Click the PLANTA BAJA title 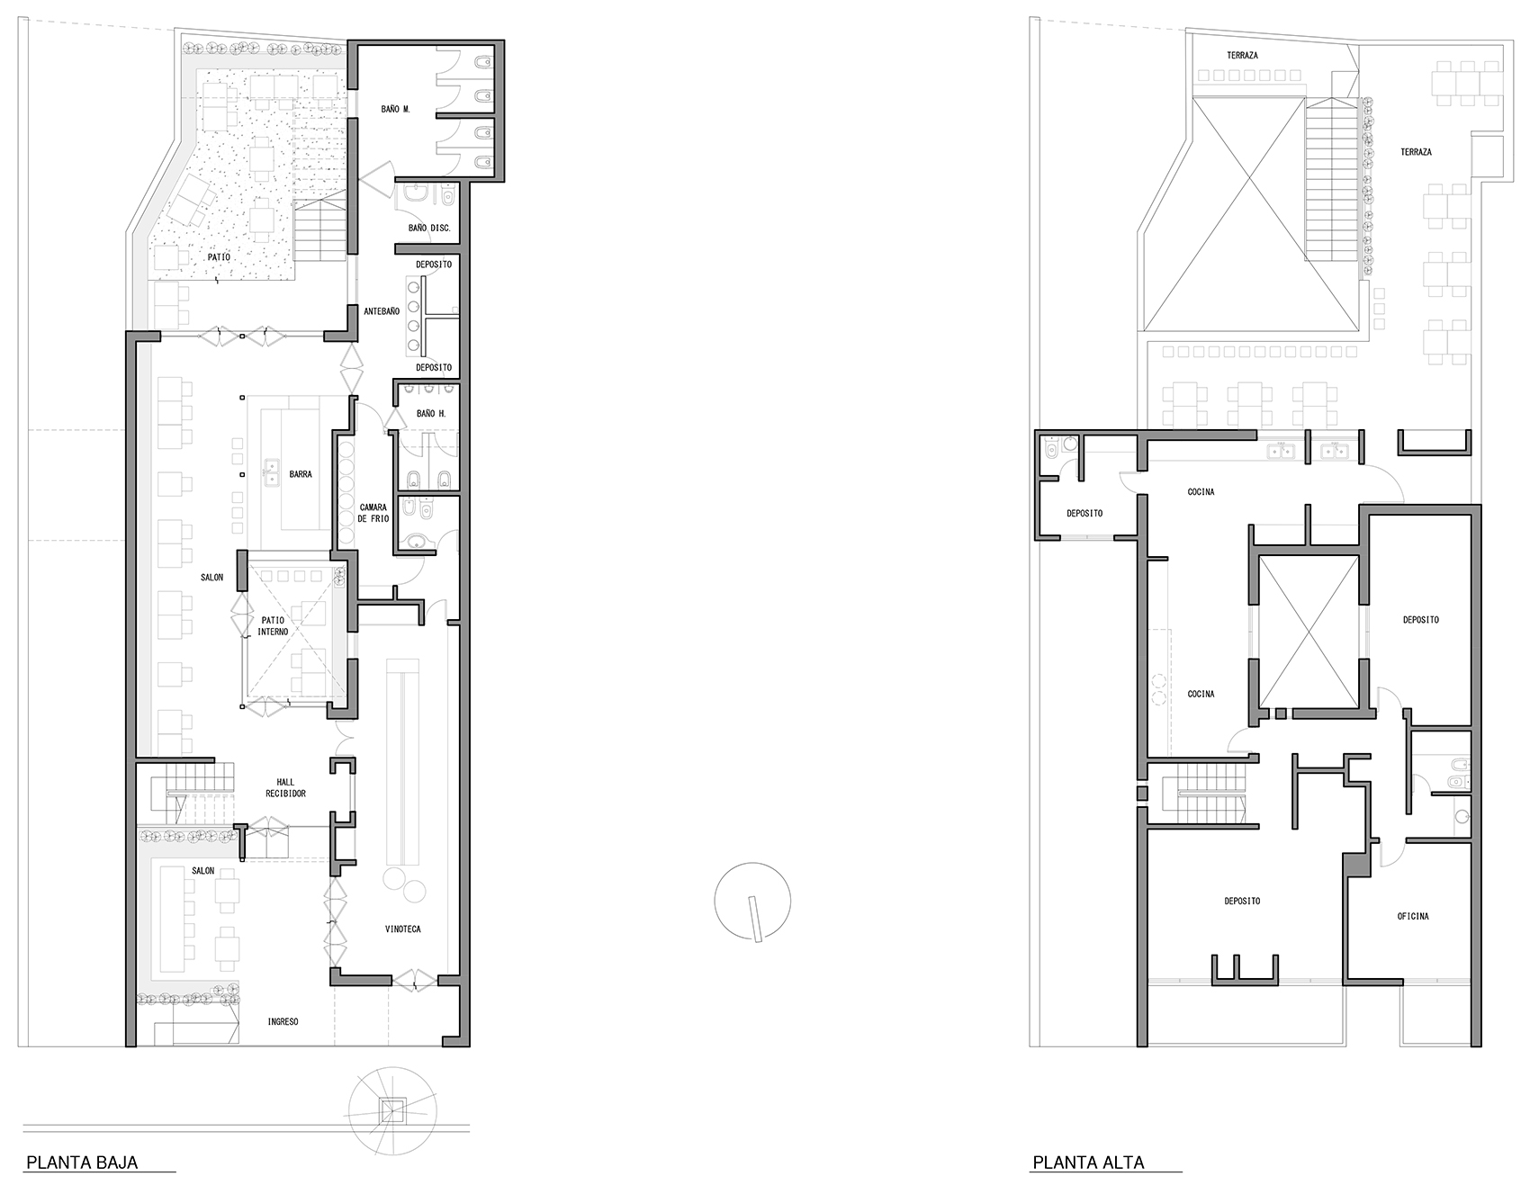click(x=82, y=1163)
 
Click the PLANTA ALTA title click(x=1088, y=1163)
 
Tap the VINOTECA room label click(x=402, y=929)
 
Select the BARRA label click(x=301, y=474)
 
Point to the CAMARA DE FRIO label click(x=373, y=513)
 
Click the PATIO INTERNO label click(x=274, y=626)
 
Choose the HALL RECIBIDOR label click(x=285, y=787)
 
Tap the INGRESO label click(x=283, y=1022)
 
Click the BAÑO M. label click(x=396, y=109)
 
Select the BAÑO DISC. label click(x=429, y=229)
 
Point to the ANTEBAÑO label click(x=382, y=311)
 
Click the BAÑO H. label click(x=431, y=414)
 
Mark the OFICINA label click(x=1413, y=917)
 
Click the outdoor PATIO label click(x=219, y=257)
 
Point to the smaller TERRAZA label click(x=1242, y=56)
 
